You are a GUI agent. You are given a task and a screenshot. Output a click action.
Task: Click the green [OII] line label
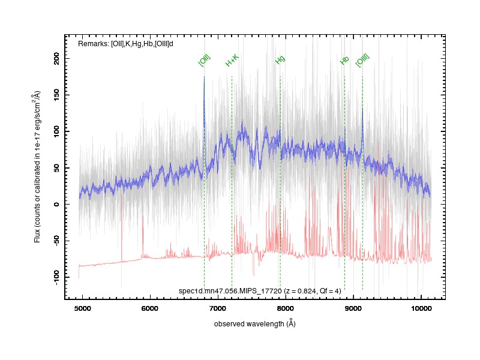(x=205, y=61)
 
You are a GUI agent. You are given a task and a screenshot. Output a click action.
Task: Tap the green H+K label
(x=232, y=61)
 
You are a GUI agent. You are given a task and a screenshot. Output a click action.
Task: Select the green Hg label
(x=280, y=59)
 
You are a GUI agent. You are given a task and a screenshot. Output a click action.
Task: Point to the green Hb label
(x=344, y=61)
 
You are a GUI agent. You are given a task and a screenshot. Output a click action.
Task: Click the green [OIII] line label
(x=362, y=61)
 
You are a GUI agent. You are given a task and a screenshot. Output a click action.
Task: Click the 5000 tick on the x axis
(x=83, y=308)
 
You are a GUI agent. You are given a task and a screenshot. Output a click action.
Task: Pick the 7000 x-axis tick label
(x=218, y=308)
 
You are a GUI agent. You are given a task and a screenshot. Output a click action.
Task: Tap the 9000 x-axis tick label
(x=353, y=308)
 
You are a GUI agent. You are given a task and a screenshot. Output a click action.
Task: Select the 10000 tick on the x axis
(x=421, y=308)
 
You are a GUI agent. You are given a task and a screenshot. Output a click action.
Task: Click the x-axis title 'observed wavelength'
(x=249, y=324)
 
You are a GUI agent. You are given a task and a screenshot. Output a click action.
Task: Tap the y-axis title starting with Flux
(x=37, y=167)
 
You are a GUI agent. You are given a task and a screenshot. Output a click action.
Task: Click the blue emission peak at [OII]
(x=204, y=77)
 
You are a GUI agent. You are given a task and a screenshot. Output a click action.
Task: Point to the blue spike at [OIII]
(x=363, y=109)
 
